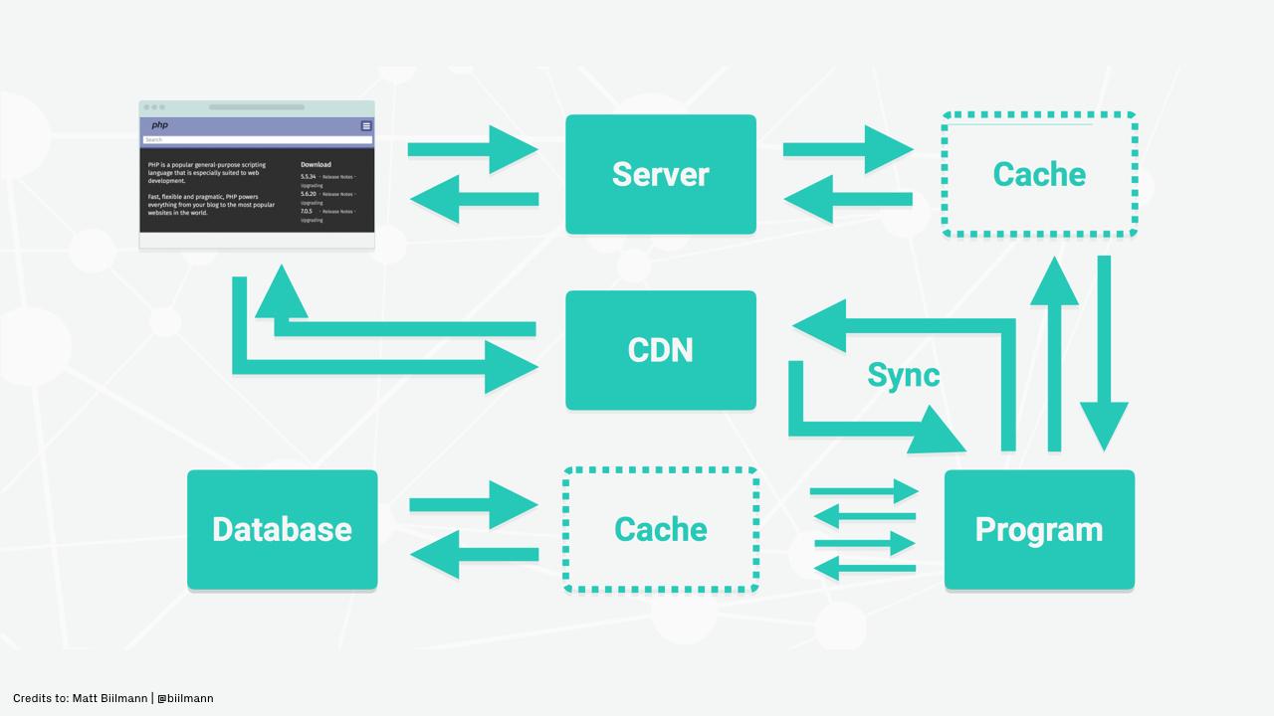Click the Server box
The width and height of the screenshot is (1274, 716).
[661, 174]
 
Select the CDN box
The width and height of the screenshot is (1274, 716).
[661, 350]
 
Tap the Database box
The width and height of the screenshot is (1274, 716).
[282, 529]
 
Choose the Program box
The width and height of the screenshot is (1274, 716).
[1039, 529]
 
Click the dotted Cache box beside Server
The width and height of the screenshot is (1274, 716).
[1039, 174]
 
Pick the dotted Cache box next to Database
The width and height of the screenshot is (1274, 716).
[661, 529]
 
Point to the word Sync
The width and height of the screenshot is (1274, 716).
[903, 375]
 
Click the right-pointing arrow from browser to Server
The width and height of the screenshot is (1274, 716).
[473, 149]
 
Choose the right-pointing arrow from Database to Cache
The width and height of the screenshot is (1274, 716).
[473, 505]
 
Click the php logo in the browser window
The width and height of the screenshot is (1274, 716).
[159, 125]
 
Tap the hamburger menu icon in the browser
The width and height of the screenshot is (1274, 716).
[366, 126]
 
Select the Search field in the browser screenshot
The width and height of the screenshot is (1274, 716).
[257, 140]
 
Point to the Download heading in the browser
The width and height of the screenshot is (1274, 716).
[316, 165]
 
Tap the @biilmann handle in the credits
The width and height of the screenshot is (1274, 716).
[185, 698]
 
